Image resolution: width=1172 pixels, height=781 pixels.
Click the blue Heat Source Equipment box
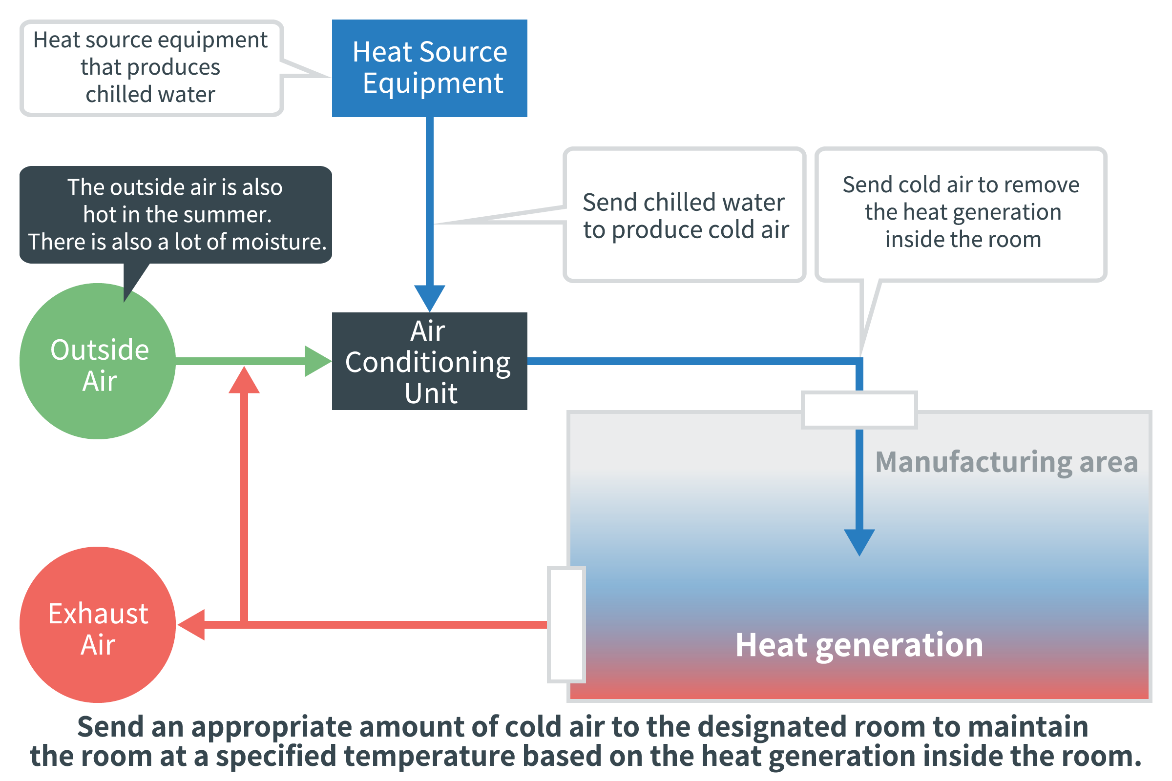(x=430, y=68)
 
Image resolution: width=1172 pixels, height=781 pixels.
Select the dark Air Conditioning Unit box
(x=430, y=361)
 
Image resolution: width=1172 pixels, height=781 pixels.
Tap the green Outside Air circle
(x=98, y=361)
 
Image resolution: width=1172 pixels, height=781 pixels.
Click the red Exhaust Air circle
(x=98, y=625)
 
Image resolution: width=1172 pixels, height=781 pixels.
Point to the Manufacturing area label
(x=1006, y=462)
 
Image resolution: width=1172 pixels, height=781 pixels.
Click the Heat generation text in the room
(x=859, y=645)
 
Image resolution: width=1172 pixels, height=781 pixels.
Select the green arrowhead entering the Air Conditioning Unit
(x=318, y=361)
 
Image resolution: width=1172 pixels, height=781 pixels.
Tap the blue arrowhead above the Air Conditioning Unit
(x=430, y=298)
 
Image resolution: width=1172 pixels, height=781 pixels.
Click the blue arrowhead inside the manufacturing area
(x=859, y=542)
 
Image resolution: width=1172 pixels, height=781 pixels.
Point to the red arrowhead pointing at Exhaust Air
(x=191, y=625)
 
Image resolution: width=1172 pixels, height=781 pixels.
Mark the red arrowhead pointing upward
(x=244, y=380)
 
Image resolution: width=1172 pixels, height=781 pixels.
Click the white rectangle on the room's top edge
(x=859, y=410)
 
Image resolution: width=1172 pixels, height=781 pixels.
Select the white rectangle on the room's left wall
(x=566, y=625)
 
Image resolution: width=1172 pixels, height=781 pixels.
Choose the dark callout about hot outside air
(x=176, y=215)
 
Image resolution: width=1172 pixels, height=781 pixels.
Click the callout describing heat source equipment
(x=151, y=68)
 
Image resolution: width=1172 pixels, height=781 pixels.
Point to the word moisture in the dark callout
(x=279, y=242)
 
